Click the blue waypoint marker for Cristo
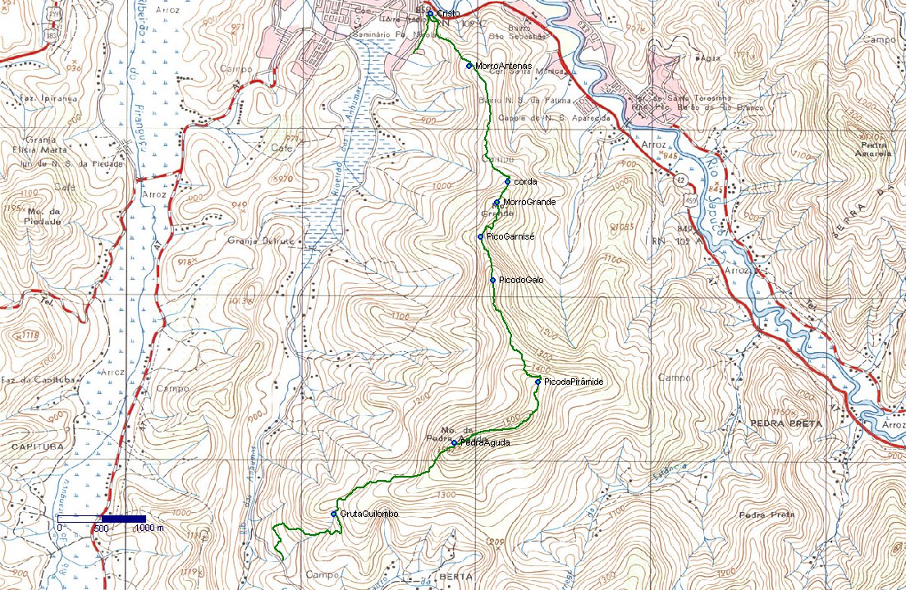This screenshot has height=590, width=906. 430,14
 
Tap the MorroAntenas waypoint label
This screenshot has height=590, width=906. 502,66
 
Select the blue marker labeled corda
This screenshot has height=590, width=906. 508,181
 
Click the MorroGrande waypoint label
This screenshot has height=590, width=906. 529,202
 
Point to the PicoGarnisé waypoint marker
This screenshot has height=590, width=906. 480,237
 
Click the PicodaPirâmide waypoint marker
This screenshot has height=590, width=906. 538,382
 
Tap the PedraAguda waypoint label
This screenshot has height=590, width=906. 485,443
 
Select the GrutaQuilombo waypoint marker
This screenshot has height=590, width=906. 334,514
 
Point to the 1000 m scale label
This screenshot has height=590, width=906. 149,528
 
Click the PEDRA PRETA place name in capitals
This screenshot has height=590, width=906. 785,423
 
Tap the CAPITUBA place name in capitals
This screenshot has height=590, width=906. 32,446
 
